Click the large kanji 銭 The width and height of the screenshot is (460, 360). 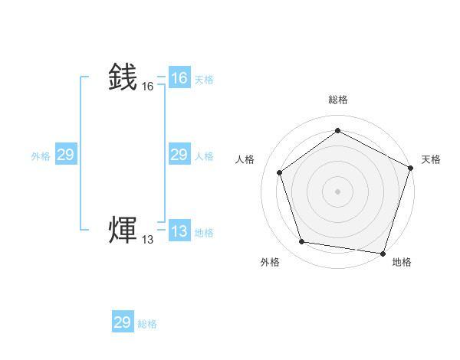pyautogui.click(x=123, y=77)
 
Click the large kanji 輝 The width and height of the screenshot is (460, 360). pyautogui.click(x=123, y=231)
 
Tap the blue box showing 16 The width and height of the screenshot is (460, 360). pyautogui.click(x=179, y=78)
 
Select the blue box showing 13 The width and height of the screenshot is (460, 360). pyautogui.click(x=179, y=231)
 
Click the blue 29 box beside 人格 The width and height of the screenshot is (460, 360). pyautogui.click(x=179, y=155)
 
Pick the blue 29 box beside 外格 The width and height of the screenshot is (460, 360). pyautogui.click(x=66, y=155)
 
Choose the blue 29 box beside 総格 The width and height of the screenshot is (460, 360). pyautogui.click(x=123, y=322)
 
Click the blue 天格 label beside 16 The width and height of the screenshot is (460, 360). pyautogui.click(x=204, y=79)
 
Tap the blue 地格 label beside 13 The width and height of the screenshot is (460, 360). pyautogui.click(x=204, y=232)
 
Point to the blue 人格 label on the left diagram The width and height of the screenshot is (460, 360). pyautogui.click(x=204, y=155)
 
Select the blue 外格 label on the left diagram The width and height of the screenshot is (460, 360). pyautogui.click(x=41, y=155)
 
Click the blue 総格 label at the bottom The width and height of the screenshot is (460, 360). pyautogui.click(x=147, y=324)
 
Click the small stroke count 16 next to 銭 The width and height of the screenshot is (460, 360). pyautogui.click(x=148, y=87)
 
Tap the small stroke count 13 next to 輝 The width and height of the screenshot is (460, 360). pyautogui.click(x=148, y=241)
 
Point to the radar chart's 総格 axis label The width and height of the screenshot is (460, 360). pyautogui.click(x=337, y=100)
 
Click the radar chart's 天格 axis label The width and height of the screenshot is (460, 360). pyautogui.click(x=431, y=159)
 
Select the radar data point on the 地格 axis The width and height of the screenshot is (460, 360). pyautogui.click(x=383, y=253)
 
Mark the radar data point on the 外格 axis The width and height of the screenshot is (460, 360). pyautogui.click(x=301, y=242)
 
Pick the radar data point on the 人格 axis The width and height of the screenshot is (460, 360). pyautogui.click(x=279, y=172)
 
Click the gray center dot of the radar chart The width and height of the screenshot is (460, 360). pyautogui.click(x=337, y=191)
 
